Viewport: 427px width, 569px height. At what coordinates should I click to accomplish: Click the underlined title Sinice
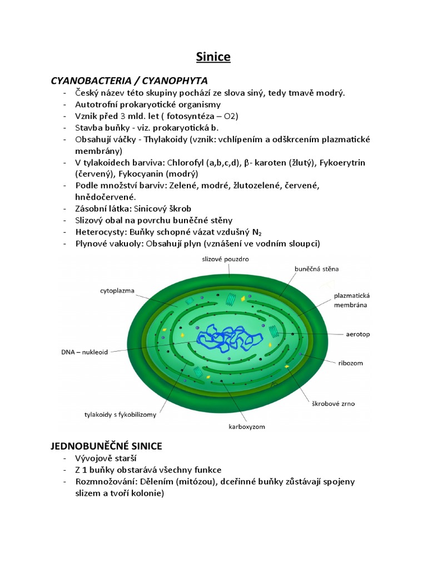pos(213,57)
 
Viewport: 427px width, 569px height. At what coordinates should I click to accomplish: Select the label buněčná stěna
pos(316,269)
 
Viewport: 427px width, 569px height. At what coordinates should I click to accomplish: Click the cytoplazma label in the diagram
pos(117,290)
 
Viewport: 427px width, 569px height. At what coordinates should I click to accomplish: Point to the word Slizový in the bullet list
pos(91,221)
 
